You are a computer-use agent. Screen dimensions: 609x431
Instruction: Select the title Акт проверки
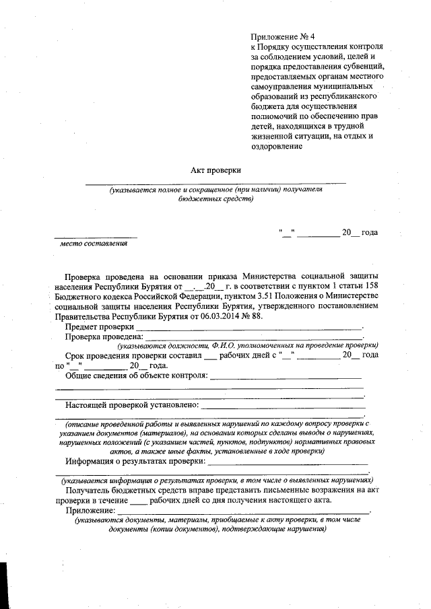pos(216,171)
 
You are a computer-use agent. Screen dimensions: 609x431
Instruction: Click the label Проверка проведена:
pos(104,336)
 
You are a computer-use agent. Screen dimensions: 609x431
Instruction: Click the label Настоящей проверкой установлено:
pos(131,404)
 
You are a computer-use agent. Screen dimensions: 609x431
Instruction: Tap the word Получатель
pos(89,491)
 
